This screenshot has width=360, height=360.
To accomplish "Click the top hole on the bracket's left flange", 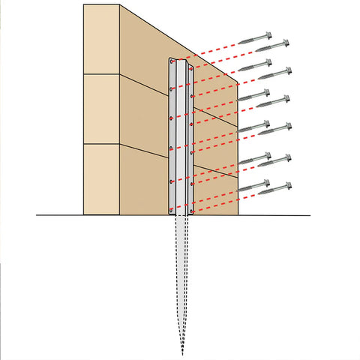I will pos(172,60).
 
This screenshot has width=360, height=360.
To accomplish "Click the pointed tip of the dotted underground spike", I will pos(181,354).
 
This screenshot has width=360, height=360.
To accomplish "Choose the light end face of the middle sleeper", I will pos(101,109).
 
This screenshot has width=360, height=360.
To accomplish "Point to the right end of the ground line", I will pos(310,216).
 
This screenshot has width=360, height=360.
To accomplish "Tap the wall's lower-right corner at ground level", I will pos(238,215).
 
